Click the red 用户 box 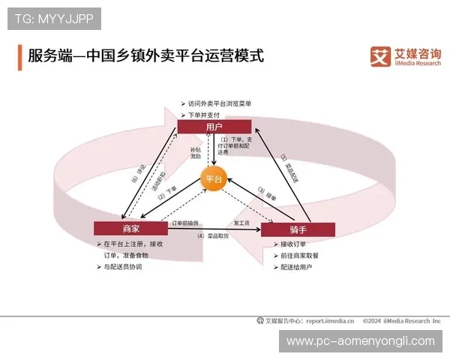(214, 127)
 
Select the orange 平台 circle (214, 178)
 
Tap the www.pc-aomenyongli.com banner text (361, 341)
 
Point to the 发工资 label (241, 223)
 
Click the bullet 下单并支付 (204, 115)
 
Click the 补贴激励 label (195, 153)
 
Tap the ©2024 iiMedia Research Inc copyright (401, 320)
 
